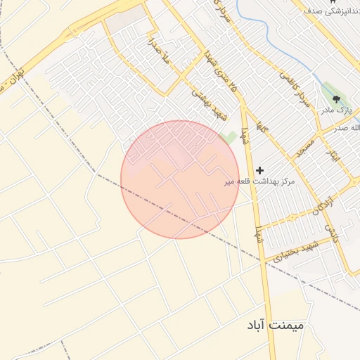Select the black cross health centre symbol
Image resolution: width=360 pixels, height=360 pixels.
coord(260,170)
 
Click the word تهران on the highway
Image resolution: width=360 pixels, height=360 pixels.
coord(19,72)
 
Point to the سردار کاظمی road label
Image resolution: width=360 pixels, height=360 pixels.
coord(294,88)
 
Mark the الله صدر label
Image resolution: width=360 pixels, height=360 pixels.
coord(345,127)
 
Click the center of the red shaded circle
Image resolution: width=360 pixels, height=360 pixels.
coord(179,179)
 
